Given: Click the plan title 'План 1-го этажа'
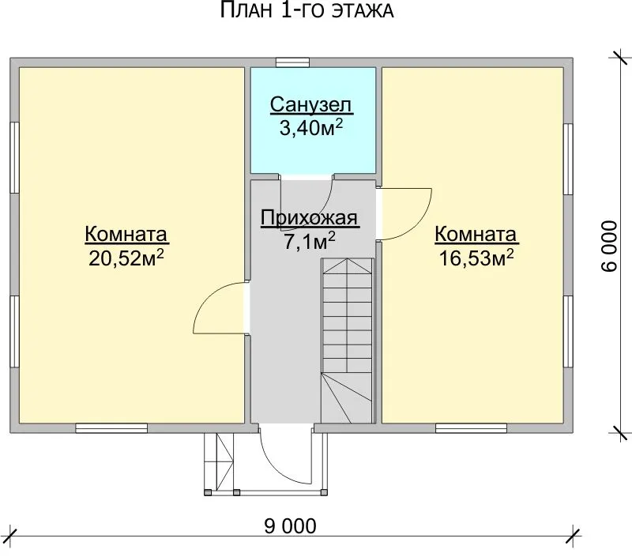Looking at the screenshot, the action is (x=307, y=10).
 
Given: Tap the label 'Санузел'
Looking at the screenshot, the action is (x=310, y=105).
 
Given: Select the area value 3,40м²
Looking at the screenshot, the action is (x=311, y=128).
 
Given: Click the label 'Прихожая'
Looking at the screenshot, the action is (x=310, y=218).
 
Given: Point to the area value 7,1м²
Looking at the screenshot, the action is (x=310, y=242).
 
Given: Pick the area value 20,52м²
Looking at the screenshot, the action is (x=126, y=258).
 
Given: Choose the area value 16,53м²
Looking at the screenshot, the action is (x=476, y=258).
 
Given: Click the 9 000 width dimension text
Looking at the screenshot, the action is (x=290, y=526).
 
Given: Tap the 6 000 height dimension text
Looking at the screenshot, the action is (x=609, y=246).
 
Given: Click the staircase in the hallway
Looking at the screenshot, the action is (x=348, y=341).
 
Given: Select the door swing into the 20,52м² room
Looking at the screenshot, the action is (x=220, y=308).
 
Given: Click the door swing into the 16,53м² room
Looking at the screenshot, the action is (x=404, y=214).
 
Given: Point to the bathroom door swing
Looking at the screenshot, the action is (x=307, y=204).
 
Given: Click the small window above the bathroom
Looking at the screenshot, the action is (x=292, y=62).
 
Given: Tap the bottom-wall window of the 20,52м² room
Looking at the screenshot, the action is (x=111, y=428).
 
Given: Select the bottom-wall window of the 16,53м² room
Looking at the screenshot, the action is (x=471, y=428).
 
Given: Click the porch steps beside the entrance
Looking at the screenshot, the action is (x=219, y=461).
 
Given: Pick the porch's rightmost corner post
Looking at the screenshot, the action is (x=324, y=492).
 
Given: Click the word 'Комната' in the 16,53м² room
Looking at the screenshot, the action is (x=476, y=235).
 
